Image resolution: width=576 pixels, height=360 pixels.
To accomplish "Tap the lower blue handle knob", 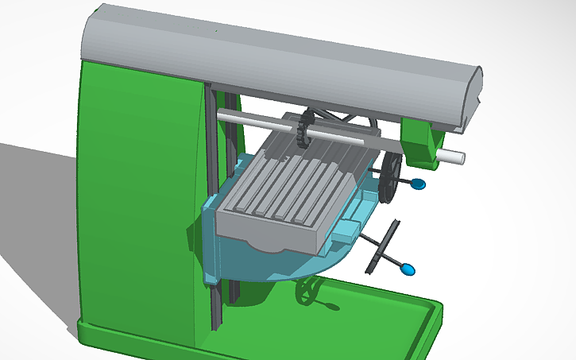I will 408,269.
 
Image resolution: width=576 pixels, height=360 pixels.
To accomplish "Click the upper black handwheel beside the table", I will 389,176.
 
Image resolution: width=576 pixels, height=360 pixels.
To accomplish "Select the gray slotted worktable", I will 286,191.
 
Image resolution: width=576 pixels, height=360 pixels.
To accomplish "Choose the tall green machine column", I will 135,199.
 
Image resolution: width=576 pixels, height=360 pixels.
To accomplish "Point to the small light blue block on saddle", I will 347,232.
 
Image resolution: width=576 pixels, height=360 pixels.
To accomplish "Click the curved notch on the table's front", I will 266,245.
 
